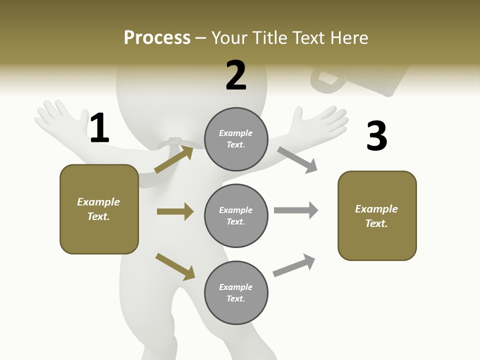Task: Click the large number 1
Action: click(x=99, y=128)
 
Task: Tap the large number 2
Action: click(x=236, y=75)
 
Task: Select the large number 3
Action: click(x=376, y=136)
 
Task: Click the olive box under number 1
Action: click(x=99, y=209)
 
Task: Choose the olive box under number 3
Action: click(x=377, y=215)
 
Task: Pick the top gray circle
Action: click(x=236, y=139)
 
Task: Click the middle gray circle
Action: click(x=236, y=215)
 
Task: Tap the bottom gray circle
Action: click(x=236, y=292)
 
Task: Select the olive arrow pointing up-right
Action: click(x=174, y=159)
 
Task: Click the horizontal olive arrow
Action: click(x=175, y=211)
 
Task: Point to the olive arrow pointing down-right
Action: click(x=175, y=266)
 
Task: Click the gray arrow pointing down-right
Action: click(x=297, y=160)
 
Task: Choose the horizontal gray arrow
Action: click(x=296, y=210)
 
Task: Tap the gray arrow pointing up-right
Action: click(x=294, y=265)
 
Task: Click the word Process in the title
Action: click(x=157, y=37)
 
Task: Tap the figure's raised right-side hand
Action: click(x=320, y=120)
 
